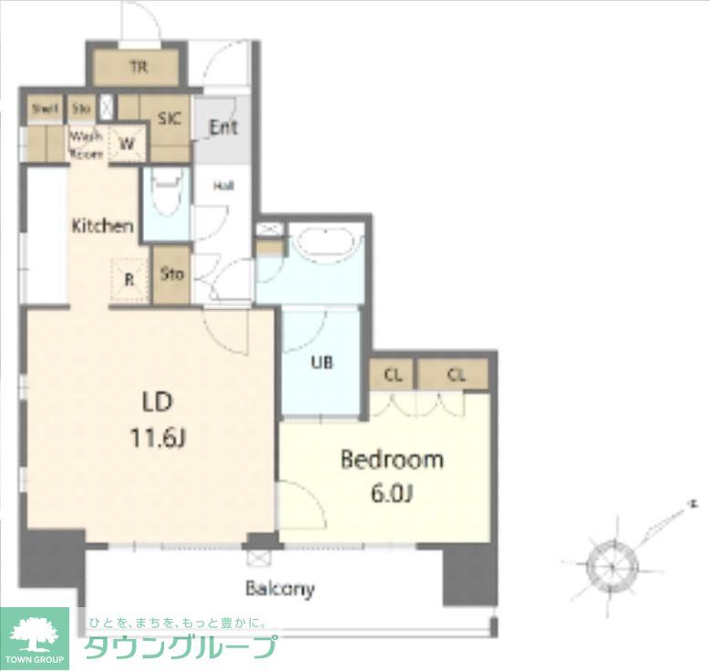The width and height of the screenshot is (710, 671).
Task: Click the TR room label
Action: (x=138, y=66)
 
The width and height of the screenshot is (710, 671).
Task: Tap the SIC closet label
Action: (x=169, y=119)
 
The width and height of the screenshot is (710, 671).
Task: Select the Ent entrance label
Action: (x=223, y=127)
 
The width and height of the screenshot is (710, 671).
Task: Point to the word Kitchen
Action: (x=104, y=225)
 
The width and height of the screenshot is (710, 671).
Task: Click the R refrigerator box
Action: (x=129, y=280)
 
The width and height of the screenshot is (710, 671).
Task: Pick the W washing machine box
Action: (x=127, y=143)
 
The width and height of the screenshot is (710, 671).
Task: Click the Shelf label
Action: (x=44, y=109)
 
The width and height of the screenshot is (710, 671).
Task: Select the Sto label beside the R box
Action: (x=171, y=274)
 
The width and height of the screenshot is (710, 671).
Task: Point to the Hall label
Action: (x=223, y=186)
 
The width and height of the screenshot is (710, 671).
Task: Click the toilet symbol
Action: (x=165, y=193)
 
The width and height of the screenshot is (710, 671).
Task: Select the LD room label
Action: (x=156, y=402)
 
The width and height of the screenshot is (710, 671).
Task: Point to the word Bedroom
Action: (x=391, y=459)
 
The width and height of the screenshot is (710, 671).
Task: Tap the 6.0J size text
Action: (x=392, y=495)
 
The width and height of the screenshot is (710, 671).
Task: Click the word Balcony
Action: (x=279, y=588)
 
